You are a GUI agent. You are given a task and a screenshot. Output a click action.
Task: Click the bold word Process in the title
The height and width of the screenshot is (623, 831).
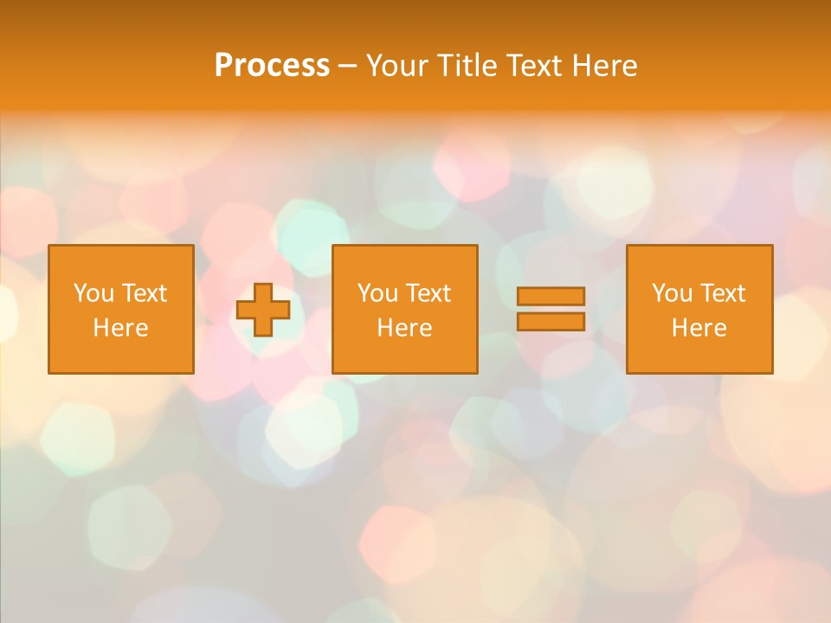[x=272, y=66]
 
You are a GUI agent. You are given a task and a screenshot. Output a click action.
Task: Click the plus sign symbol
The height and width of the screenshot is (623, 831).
[x=263, y=310]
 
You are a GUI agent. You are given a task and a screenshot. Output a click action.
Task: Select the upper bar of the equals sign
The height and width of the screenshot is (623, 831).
[x=551, y=296]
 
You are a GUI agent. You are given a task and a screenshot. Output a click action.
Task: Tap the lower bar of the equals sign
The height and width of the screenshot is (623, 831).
[x=551, y=321]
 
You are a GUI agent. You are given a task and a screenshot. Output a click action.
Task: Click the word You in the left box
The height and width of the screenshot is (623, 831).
[x=93, y=293]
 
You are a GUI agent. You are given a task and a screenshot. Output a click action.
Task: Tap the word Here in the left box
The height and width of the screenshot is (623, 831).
[x=120, y=328]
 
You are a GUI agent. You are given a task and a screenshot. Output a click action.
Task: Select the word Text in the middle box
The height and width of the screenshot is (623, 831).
[x=428, y=293]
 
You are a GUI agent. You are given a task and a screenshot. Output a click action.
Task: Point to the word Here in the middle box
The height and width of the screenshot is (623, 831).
[x=404, y=328]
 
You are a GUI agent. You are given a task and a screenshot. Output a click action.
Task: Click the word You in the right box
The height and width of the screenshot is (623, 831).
[x=672, y=293]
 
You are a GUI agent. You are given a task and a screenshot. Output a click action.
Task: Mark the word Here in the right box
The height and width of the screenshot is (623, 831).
[x=699, y=328]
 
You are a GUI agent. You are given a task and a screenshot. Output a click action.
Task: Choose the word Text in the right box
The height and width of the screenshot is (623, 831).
[x=722, y=293]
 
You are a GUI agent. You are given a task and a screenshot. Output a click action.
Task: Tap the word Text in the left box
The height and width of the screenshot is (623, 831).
[x=144, y=293]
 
